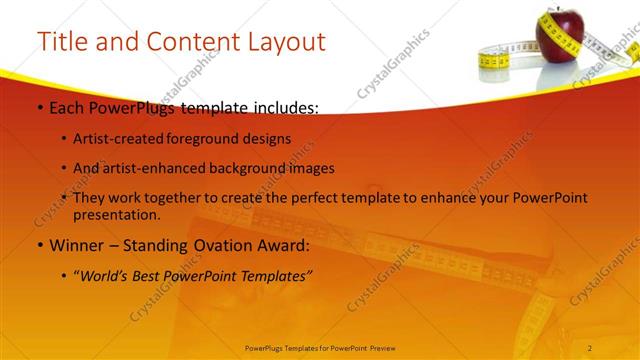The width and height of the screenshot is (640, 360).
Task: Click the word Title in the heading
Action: coord(60,41)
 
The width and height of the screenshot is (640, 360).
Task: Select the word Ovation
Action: coord(214,245)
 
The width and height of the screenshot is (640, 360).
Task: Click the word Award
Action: coord(281,245)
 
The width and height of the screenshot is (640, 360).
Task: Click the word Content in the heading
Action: coord(188,41)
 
